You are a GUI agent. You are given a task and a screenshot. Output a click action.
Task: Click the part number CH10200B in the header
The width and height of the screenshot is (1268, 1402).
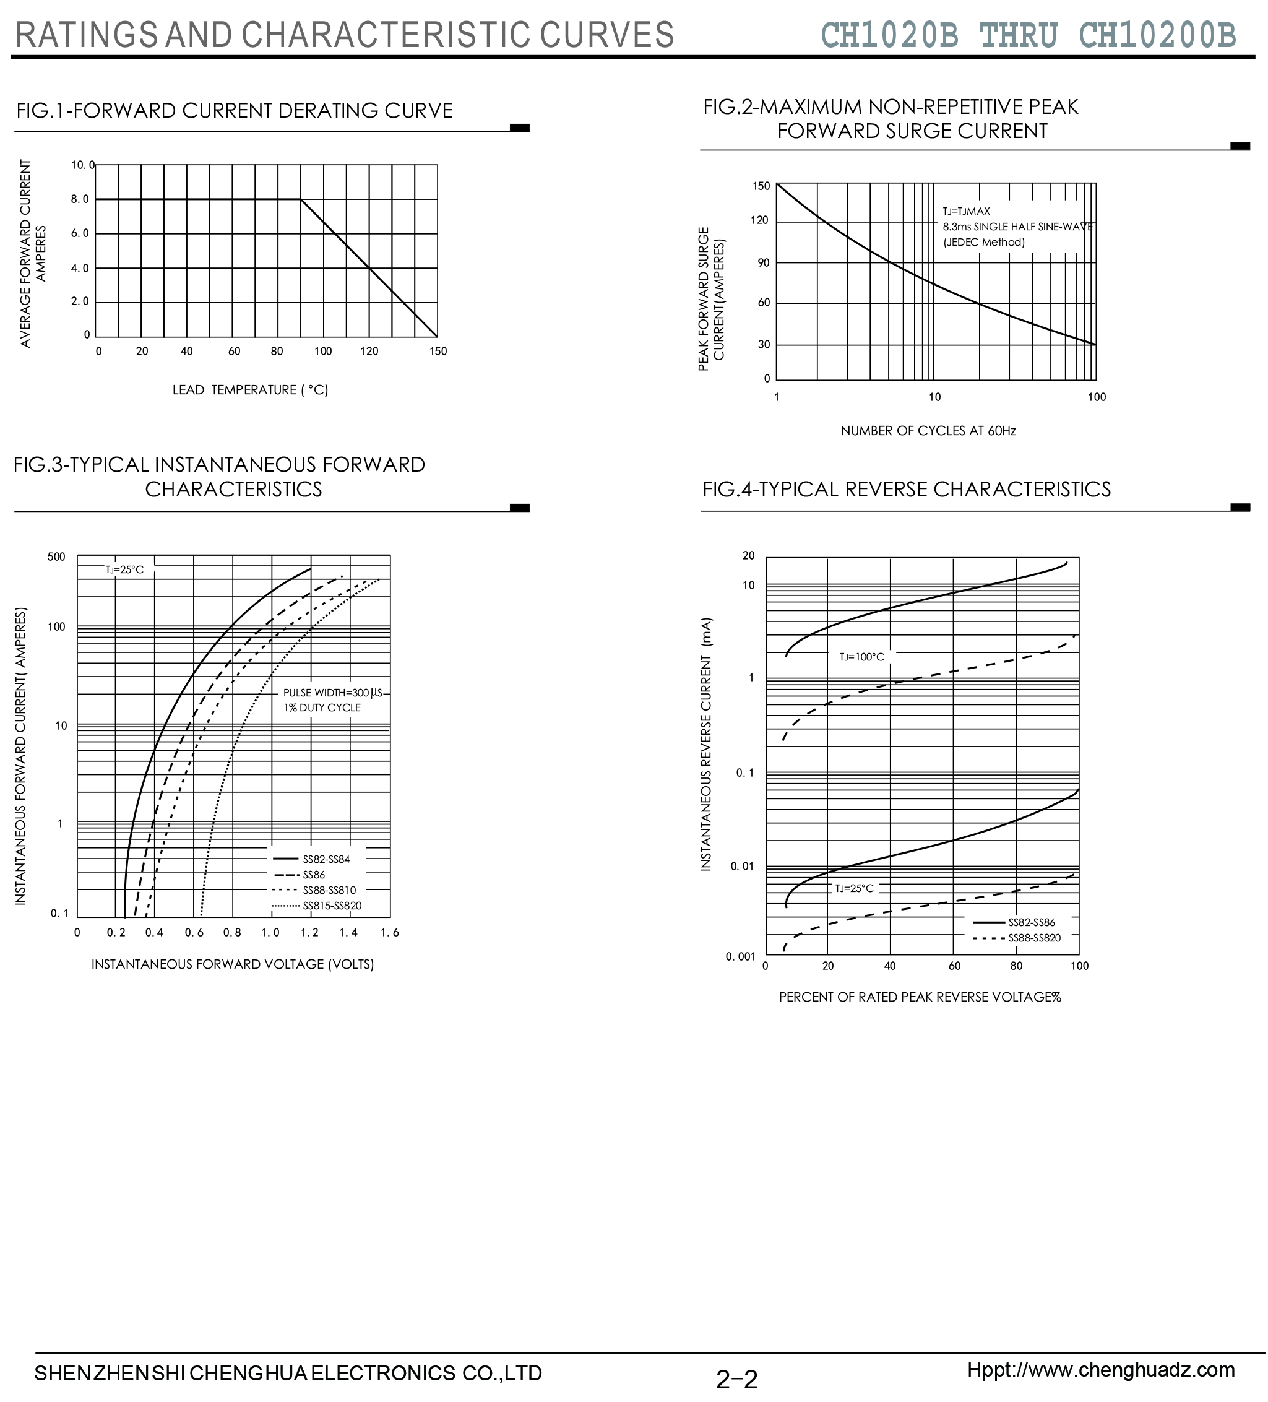[x=1157, y=35]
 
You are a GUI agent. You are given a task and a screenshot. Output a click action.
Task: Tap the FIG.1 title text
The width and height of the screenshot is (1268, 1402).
[x=235, y=111]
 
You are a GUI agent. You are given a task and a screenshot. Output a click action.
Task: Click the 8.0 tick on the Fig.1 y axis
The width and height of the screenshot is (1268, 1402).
[x=80, y=199]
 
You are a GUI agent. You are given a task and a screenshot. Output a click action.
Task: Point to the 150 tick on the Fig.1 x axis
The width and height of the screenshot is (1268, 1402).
[x=438, y=352]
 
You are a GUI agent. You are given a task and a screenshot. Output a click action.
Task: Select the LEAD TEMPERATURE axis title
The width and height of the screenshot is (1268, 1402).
[x=250, y=390]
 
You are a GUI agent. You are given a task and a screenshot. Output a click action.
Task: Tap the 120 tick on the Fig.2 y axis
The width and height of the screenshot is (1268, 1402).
[x=761, y=221]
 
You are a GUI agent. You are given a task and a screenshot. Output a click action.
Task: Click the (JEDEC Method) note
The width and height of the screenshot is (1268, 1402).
[x=984, y=243]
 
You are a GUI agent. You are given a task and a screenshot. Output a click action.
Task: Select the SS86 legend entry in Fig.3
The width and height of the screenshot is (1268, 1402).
[x=314, y=875]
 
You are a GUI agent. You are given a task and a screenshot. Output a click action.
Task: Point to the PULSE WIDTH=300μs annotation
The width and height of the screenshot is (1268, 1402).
[x=332, y=693]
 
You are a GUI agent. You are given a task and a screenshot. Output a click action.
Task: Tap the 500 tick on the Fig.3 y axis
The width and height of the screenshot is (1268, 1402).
[x=56, y=557]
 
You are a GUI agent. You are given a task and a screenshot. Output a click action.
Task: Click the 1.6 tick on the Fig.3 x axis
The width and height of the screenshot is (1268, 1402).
[x=390, y=933]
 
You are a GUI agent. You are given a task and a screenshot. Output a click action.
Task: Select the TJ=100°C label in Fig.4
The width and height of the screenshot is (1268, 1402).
[x=861, y=657]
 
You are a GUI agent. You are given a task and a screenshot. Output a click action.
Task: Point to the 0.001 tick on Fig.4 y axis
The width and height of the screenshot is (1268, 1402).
[x=740, y=957]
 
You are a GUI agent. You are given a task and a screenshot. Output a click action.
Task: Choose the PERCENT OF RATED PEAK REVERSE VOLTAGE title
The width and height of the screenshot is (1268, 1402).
[x=920, y=997]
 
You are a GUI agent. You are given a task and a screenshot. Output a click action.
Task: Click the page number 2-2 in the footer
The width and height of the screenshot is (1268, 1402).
[x=737, y=1379]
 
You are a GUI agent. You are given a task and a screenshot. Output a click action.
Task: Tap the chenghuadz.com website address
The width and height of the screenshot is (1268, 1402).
[x=1101, y=1369]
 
